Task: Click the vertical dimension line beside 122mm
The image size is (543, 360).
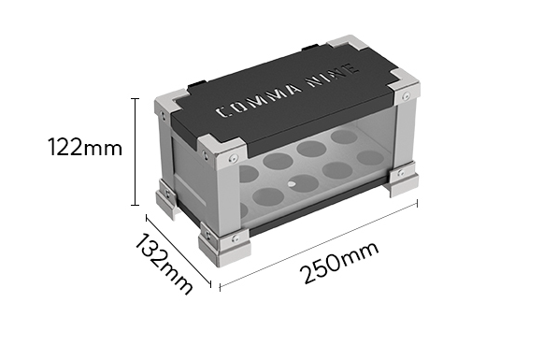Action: click(136, 150)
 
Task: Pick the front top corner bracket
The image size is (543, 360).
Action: click(225, 154)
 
